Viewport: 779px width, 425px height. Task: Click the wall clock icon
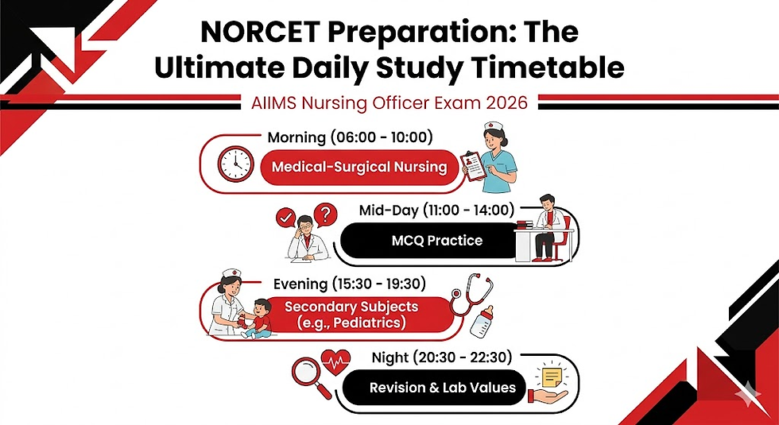coord(236,164)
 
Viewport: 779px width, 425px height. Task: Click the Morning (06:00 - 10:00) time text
coord(350,137)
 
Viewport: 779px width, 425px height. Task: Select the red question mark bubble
coord(323,214)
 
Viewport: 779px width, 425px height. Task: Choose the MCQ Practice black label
coord(438,240)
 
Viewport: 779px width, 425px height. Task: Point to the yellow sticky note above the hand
coord(552,373)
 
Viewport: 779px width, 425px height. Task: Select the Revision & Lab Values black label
coord(442,388)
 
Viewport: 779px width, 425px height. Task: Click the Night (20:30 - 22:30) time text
coord(442,357)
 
